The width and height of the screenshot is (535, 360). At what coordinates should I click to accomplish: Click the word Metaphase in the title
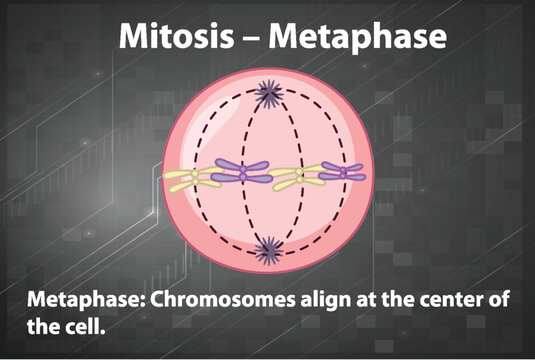361,37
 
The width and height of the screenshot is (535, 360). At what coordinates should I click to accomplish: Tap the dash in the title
256,38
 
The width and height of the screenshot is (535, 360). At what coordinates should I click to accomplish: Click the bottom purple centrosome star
267,247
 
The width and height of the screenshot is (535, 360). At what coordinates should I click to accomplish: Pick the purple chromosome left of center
240,172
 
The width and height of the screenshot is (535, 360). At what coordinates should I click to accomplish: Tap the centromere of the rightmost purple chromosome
343,172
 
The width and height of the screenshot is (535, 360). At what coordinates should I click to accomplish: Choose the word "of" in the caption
494,301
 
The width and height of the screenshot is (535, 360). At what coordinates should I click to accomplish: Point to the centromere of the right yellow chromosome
297,179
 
